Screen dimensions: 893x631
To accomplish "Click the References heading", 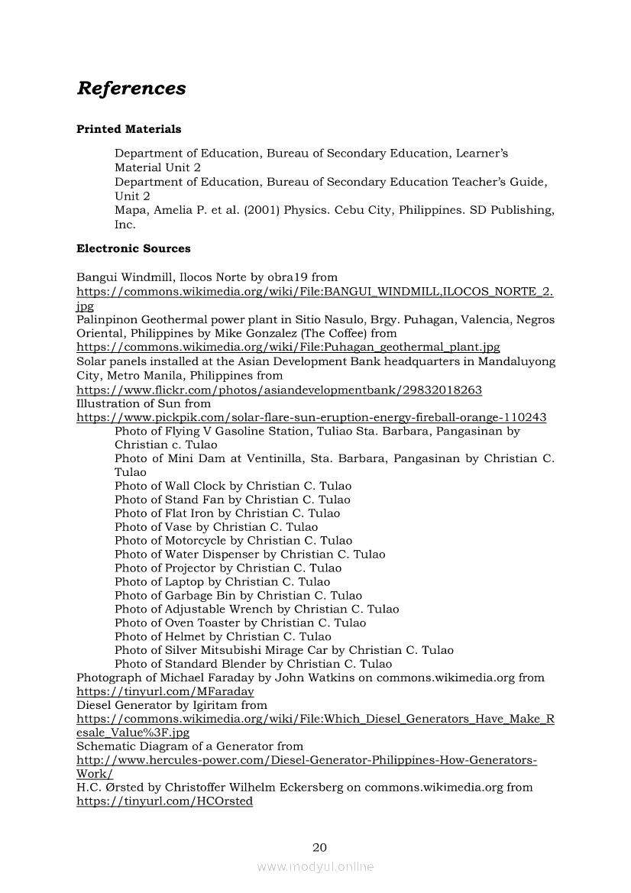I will tap(131, 89).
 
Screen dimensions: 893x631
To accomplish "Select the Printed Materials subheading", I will tap(128, 129).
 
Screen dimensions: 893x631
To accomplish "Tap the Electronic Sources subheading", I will tap(133, 248).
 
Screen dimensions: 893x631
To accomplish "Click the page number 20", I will tap(320, 846).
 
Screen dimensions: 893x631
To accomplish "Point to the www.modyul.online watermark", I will tap(315, 866).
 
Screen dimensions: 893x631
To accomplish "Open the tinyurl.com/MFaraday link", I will tap(165, 691).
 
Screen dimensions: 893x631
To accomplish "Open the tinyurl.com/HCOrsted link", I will tap(164, 801).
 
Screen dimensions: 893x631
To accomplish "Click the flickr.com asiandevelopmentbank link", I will tap(279, 390).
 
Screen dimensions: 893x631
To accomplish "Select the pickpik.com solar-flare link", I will tap(311, 417).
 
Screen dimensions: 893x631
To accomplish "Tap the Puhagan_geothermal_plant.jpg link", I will tap(288, 347).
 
